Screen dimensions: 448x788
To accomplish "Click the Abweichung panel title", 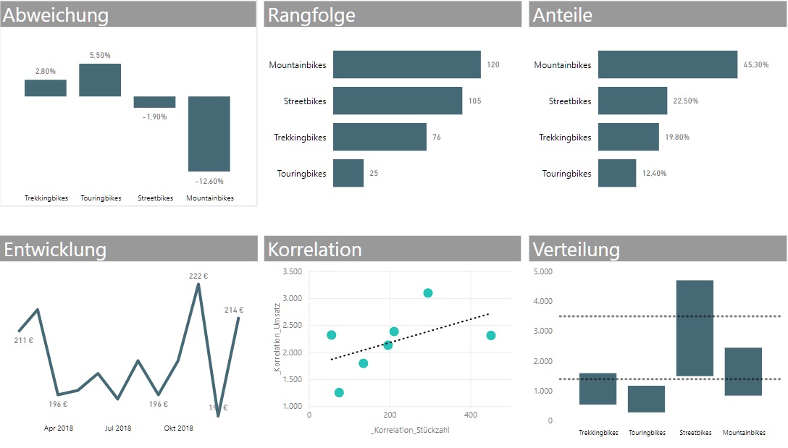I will point(56,15).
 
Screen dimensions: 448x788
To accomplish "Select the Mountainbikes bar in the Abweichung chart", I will point(209,134).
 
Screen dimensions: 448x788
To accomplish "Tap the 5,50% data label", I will point(100,56).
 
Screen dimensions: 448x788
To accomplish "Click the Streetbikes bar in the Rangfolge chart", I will point(397,101).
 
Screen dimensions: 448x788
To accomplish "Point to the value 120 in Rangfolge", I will point(493,65).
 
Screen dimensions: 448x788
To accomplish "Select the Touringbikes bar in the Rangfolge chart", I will point(348,173).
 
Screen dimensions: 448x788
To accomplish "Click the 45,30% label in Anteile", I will point(755,65).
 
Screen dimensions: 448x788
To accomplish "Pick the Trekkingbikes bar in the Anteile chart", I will point(628,137).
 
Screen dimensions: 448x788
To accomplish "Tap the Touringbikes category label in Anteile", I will point(566,174).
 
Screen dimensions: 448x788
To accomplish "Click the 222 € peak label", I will point(198,276).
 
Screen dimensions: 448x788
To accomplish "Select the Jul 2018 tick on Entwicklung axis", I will point(118,428).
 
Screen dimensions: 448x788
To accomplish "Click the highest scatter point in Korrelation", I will point(428,293).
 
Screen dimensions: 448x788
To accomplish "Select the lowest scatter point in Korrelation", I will point(339,392).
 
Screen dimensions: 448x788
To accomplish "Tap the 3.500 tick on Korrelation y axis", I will point(293,272).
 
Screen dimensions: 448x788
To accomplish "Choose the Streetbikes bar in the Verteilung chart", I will point(695,328).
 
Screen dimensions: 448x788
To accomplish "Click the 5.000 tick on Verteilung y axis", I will point(542,272).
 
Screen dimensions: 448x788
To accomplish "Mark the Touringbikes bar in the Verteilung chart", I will point(646,399).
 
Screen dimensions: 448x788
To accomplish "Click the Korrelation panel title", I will point(315,250).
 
